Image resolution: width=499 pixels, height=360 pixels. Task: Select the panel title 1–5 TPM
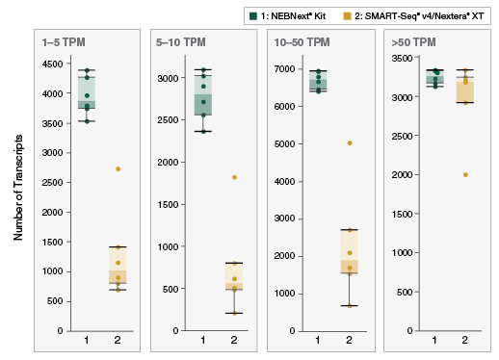click(62, 43)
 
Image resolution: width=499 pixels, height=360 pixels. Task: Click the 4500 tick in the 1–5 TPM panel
click(52, 64)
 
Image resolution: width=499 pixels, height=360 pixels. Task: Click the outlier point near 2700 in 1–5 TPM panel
click(118, 169)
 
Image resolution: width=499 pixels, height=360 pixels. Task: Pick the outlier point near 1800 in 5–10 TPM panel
click(234, 177)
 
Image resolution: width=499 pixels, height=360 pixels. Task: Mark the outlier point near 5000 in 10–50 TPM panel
click(350, 142)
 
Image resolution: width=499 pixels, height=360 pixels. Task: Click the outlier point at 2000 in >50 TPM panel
click(465, 175)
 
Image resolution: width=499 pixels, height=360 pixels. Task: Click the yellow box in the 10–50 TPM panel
click(350, 252)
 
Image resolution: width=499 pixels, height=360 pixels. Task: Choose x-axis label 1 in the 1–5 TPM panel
click(87, 340)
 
